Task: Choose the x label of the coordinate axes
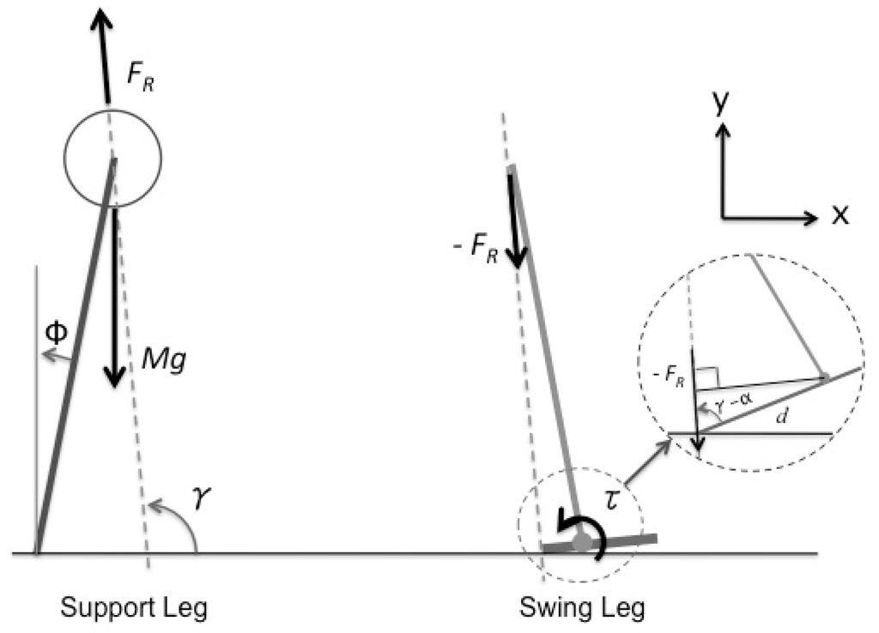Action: click(840, 216)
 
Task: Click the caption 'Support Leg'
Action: click(133, 609)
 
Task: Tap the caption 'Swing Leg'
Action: click(583, 609)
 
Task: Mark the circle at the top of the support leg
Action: click(112, 158)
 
